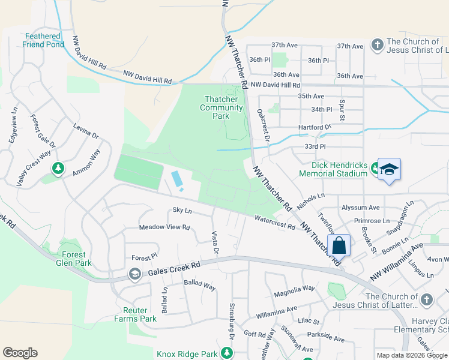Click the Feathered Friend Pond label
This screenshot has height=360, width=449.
[x=43, y=40]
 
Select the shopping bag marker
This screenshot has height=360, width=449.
[x=339, y=245]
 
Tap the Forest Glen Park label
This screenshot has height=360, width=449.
[x=75, y=259]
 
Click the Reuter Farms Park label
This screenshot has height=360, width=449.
[x=140, y=314]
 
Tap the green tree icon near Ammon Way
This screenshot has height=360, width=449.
[x=58, y=169]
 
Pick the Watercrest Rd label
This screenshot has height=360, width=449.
[x=275, y=223]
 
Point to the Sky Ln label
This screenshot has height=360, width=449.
[x=182, y=211]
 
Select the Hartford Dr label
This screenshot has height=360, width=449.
[x=315, y=127]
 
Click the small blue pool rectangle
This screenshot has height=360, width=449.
[x=178, y=179]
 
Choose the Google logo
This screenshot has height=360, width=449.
[x=20, y=353]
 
